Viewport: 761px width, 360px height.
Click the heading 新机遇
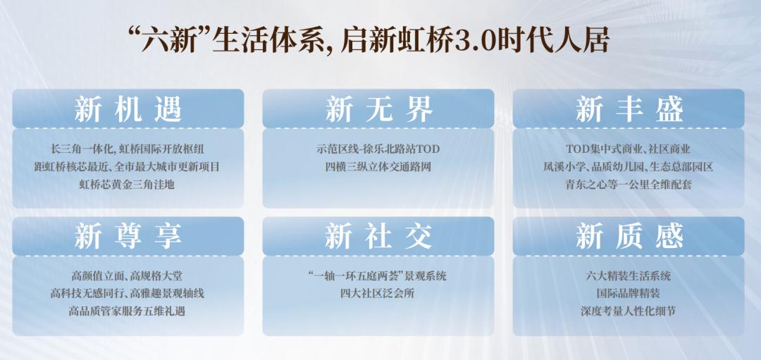[x=128, y=109]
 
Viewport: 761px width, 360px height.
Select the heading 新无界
[x=378, y=109]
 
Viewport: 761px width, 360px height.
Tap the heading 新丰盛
[x=629, y=109]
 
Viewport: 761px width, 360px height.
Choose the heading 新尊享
[x=128, y=236]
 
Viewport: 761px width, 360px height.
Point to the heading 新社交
[x=378, y=236]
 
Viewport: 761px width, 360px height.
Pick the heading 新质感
[x=629, y=236]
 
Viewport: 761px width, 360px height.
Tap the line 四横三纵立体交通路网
[x=378, y=168]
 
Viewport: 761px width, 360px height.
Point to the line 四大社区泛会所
[x=378, y=293]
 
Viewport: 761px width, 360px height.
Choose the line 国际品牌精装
[x=629, y=293]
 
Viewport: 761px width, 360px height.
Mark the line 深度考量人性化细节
[x=629, y=311]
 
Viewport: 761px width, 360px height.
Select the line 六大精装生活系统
[x=629, y=275]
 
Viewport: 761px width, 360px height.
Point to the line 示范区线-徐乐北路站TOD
[x=378, y=149]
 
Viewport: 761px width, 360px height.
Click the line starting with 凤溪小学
[x=629, y=168]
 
